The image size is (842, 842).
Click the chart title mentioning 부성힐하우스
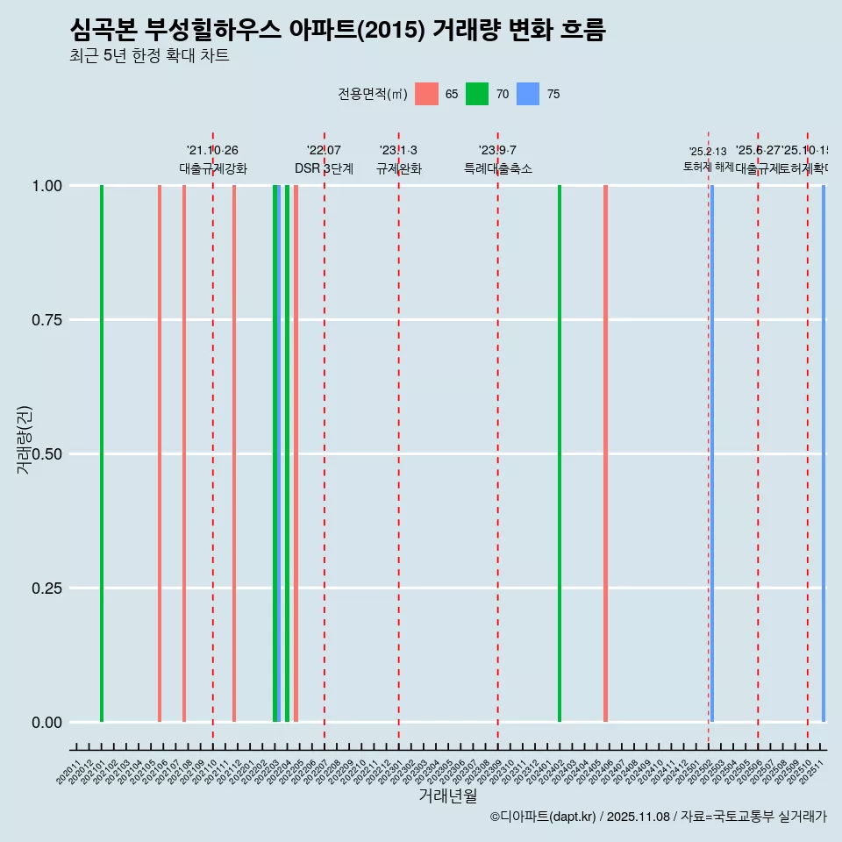pos(338,30)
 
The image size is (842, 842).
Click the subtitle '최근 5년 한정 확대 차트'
pos(149,56)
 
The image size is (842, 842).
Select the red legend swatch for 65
pos(426,94)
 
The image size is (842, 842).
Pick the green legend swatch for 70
pos(477,94)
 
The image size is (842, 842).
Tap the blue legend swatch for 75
pos(528,94)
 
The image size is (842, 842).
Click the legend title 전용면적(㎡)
pos(372,94)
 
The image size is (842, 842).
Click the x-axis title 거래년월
pos(447,796)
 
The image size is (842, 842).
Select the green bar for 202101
pos(102,453)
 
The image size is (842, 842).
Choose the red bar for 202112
pos(234,453)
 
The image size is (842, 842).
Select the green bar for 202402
pos(560,453)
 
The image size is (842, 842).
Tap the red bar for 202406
pos(605,453)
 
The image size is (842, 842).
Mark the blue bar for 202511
pos(824,453)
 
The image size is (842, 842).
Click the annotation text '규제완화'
pos(399,168)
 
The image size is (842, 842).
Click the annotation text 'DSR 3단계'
pos(324,168)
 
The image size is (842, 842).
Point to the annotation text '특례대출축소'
pos(498,168)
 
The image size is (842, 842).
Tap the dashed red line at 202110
pos(213,439)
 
